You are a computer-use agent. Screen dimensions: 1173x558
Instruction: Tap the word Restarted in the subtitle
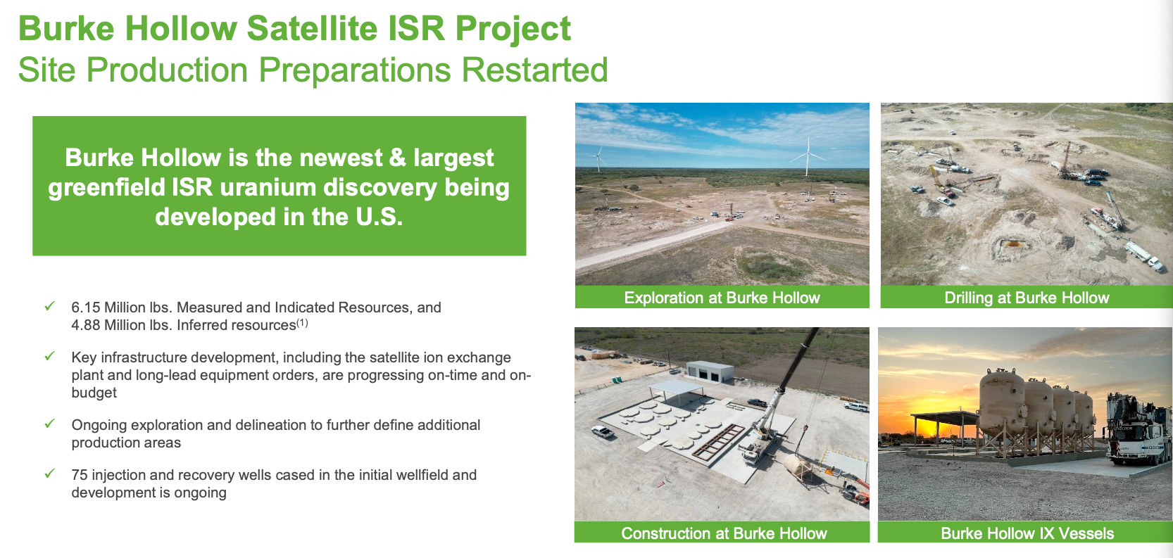coord(534,70)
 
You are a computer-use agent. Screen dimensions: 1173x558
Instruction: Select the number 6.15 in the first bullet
coord(85,307)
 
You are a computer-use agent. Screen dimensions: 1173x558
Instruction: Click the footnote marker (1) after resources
coord(302,323)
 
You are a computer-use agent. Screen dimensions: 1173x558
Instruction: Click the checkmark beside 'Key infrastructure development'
coord(50,356)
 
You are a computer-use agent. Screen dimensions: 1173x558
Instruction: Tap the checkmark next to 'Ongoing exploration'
coord(50,424)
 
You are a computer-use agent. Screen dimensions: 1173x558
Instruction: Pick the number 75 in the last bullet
coord(80,475)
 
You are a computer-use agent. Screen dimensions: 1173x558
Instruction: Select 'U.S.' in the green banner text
coord(379,217)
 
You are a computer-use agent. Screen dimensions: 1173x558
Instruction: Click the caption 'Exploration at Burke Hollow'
coord(722,298)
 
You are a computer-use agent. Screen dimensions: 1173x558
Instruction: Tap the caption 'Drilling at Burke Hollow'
coord(1027,298)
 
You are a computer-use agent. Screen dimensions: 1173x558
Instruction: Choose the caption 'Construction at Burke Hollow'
coord(724,533)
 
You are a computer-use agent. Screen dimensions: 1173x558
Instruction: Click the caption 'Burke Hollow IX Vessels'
coord(1027,533)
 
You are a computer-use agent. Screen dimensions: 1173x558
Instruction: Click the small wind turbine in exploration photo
coord(598,158)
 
